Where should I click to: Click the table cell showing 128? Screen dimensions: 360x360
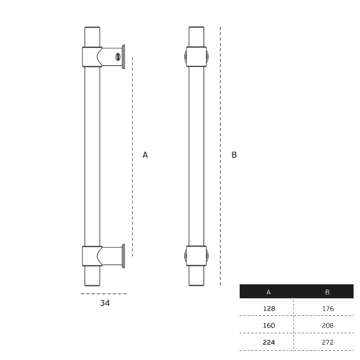click(x=268, y=309)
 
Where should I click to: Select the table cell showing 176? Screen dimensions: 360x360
click(x=327, y=309)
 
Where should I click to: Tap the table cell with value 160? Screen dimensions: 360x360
click(x=268, y=325)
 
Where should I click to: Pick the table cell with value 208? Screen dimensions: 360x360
click(x=327, y=325)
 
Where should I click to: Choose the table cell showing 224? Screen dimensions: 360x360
click(x=268, y=341)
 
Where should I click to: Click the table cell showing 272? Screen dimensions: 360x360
click(x=327, y=341)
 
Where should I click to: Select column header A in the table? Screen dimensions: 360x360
click(x=268, y=292)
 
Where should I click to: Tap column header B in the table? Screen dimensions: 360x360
click(x=327, y=292)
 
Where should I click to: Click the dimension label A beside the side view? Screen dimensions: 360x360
click(x=145, y=154)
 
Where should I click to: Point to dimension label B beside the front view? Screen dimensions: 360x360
click(x=234, y=154)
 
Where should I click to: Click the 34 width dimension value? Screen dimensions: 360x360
click(x=105, y=303)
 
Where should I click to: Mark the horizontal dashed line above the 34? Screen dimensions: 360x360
click(x=103, y=294)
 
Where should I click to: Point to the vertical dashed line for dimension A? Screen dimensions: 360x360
click(x=133, y=154)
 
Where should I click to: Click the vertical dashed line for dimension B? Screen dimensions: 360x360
click(x=221, y=154)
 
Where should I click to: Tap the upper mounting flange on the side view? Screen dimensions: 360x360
click(x=123, y=57)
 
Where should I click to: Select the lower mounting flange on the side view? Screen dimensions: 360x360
click(x=123, y=256)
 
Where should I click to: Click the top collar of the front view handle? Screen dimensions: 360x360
click(x=196, y=57)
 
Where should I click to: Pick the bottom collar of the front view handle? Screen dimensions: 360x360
click(x=196, y=256)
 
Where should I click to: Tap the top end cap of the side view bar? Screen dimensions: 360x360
click(x=93, y=29)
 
